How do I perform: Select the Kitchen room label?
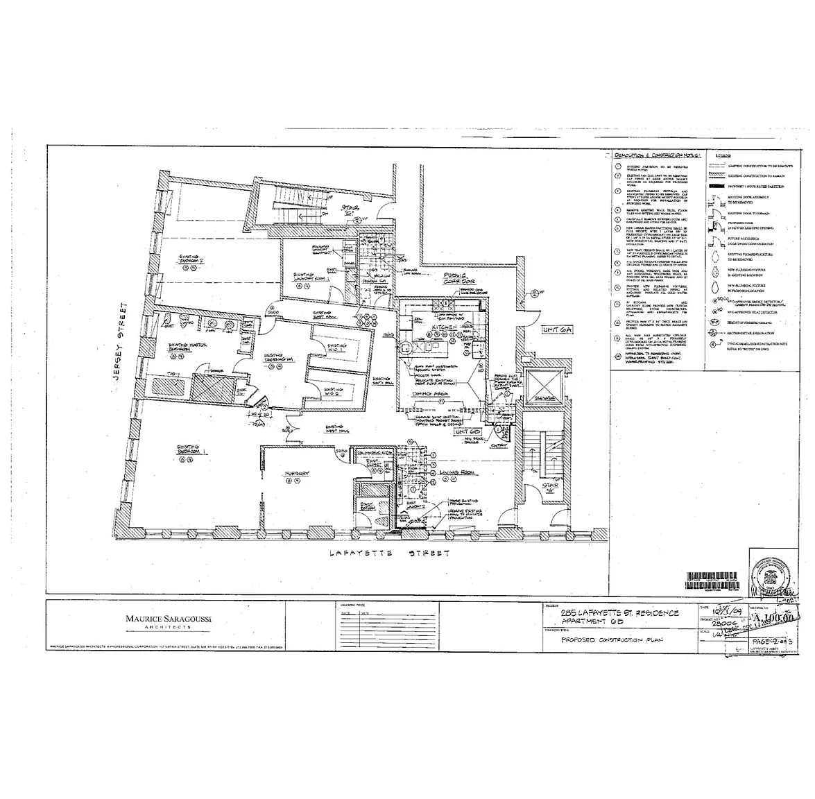[444, 326]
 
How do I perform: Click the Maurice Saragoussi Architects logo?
[162, 620]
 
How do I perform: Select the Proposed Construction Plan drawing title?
[610, 639]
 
